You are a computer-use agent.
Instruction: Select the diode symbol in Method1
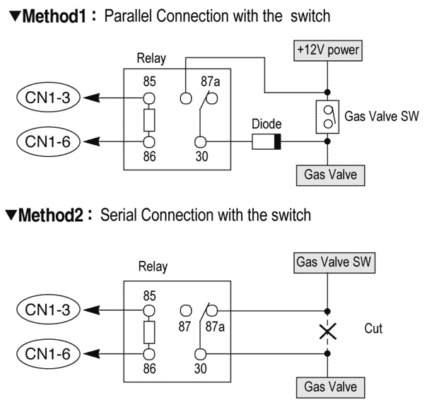267,143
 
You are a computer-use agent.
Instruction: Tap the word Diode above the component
266,126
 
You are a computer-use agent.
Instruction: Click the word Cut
374,329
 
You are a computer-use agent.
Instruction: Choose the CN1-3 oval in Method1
45,99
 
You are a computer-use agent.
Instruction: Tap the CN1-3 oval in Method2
45,309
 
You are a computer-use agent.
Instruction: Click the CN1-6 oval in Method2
45,354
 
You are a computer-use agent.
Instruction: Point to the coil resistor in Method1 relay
149,122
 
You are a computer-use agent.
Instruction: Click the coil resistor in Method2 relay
149,331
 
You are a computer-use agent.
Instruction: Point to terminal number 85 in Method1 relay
149,82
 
